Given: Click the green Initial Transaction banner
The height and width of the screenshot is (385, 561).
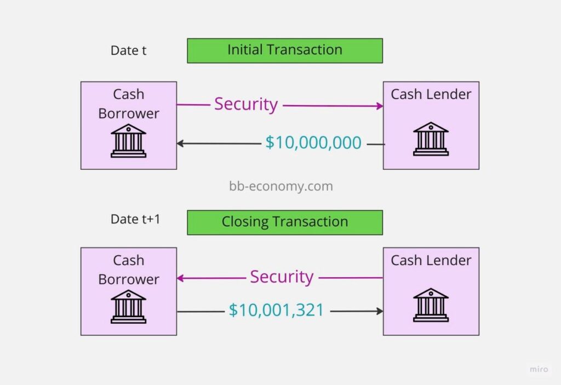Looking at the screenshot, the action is pyautogui.click(x=285, y=51).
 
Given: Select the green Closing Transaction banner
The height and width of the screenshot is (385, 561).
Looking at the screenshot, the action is pyautogui.click(x=285, y=222).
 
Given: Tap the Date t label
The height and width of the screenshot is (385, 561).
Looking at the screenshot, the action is pyautogui.click(x=128, y=50).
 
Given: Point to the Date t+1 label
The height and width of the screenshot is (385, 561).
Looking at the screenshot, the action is pyautogui.click(x=136, y=219).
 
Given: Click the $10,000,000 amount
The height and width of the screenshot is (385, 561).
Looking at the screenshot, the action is pyautogui.click(x=313, y=142).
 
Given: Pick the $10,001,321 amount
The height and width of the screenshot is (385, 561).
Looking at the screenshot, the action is pyautogui.click(x=276, y=310).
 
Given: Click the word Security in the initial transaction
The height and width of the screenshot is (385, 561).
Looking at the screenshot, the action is pyautogui.click(x=246, y=105).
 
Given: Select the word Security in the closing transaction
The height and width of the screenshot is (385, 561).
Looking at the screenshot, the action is pyautogui.click(x=282, y=277).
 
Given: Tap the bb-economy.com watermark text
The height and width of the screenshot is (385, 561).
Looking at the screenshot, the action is pyautogui.click(x=281, y=186).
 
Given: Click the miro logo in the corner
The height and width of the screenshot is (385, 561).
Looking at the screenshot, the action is pyautogui.click(x=539, y=369).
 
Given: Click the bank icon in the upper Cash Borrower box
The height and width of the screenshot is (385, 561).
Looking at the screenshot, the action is pyautogui.click(x=128, y=141).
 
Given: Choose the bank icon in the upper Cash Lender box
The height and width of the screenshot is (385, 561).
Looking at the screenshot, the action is pyautogui.click(x=431, y=139).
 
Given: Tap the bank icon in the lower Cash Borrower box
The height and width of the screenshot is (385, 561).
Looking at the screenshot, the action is pyautogui.click(x=128, y=307).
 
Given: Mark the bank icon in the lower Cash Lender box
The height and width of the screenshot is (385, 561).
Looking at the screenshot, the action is pyautogui.click(x=431, y=305).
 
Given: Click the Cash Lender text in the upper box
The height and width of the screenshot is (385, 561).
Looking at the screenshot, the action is pyautogui.click(x=431, y=94).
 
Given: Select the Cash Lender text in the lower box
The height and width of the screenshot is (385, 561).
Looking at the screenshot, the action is pyautogui.click(x=431, y=260).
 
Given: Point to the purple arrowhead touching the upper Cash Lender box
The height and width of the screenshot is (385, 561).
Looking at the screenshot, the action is pyautogui.click(x=380, y=106).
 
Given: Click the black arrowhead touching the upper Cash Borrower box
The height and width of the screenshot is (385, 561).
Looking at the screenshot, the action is pyautogui.click(x=180, y=143).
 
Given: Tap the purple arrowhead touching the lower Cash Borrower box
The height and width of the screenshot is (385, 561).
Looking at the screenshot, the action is pyautogui.click(x=180, y=278).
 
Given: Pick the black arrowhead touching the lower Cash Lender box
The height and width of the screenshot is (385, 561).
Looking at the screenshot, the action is pyautogui.click(x=380, y=311).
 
